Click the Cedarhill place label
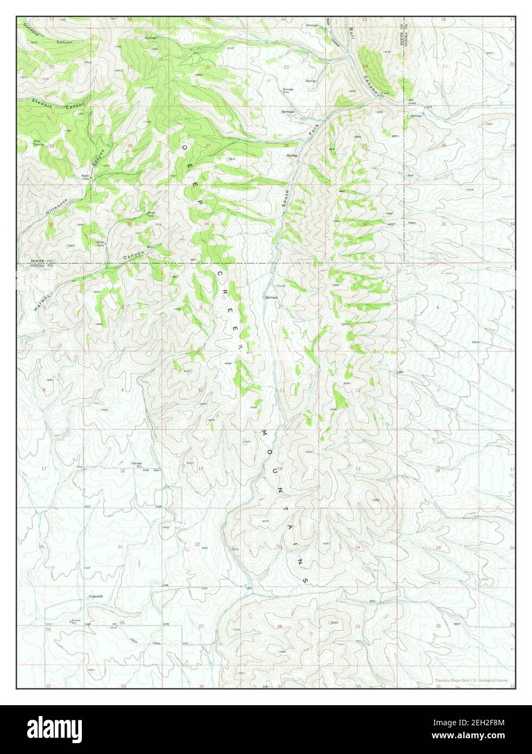click(x=95, y=596)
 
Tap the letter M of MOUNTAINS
click(x=265, y=434)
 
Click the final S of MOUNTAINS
click(x=306, y=580)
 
